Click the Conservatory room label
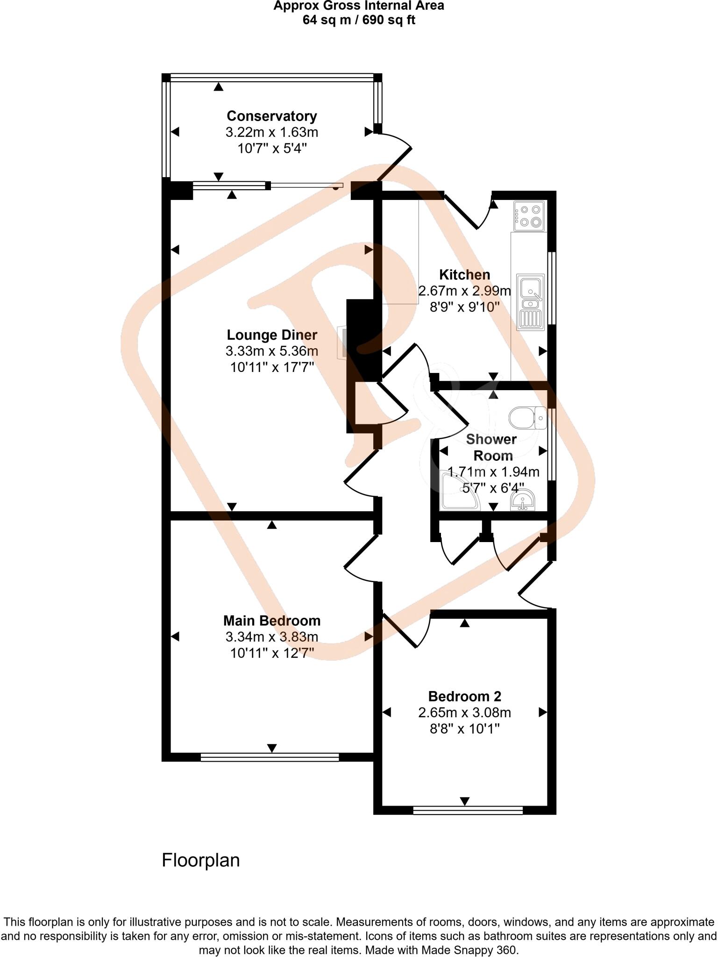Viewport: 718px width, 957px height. point(271,116)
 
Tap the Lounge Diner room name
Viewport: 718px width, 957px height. point(271,335)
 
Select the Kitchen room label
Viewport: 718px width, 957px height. point(464,275)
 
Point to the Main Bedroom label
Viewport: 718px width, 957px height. point(271,621)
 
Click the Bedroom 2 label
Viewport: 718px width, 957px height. point(464,696)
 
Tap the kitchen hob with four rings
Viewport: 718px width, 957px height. point(529,216)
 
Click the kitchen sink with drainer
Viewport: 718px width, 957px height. point(531,302)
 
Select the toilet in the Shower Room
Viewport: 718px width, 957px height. point(527,417)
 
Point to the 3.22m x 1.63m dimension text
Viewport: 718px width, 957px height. point(271,132)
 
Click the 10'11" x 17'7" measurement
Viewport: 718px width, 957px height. point(271,367)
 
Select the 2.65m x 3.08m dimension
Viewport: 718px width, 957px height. point(464,713)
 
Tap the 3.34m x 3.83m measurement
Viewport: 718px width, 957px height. point(271,636)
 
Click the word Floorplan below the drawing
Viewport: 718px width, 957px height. point(200,860)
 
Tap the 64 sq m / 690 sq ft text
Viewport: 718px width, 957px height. point(359,20)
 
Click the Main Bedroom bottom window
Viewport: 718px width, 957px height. point(270,757)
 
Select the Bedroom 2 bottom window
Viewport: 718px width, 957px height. point(468,810)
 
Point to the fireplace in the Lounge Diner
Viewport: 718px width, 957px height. point(342,343)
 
